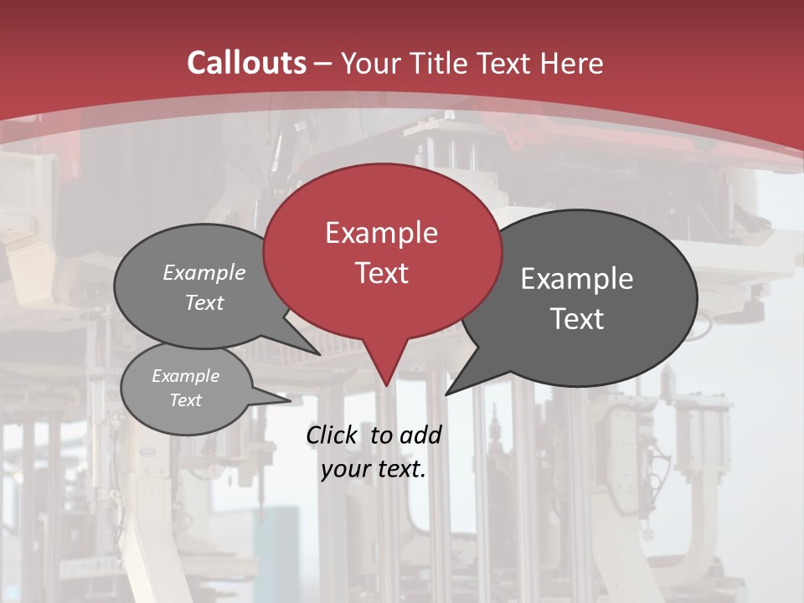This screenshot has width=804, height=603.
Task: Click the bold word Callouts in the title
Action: (x=246, y=63)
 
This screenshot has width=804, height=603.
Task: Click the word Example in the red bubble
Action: (x=381, y=233)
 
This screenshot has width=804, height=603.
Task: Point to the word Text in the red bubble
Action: (x=381, y=273)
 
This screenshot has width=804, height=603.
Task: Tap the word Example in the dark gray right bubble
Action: (x=577, y=279)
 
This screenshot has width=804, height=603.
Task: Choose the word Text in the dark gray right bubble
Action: (x=577, y=319)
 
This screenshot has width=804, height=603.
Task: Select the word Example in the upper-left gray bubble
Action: (x=204, y=273)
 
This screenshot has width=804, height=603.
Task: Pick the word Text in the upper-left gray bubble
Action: (x=204, y=302)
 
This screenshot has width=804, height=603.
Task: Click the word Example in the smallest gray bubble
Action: (x=185, y=376)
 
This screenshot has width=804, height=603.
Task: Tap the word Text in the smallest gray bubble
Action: (x=185, y=400)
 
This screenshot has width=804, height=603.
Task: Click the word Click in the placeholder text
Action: (x=332, y=435)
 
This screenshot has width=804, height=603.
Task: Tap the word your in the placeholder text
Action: (x=344, y=469)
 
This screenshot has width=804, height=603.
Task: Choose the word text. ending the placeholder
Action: (x=399, y=469)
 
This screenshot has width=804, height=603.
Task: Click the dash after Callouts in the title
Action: (x=323, y=63)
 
